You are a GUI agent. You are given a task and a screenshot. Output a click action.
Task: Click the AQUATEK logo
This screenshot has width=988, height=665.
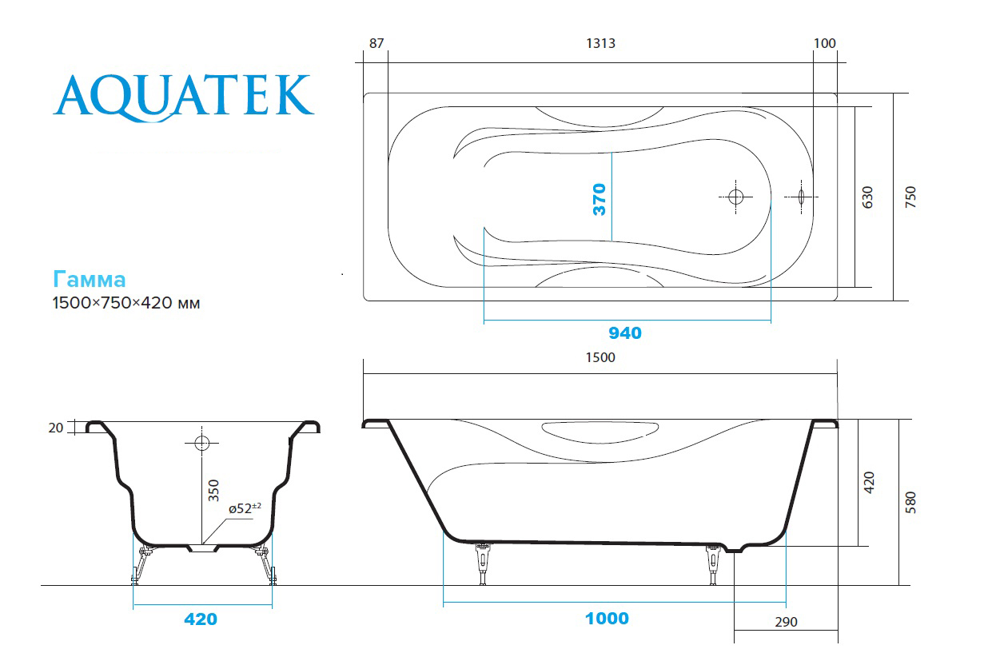[x=183, y=97]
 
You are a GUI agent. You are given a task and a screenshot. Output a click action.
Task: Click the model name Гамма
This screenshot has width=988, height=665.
[x=90, y=280]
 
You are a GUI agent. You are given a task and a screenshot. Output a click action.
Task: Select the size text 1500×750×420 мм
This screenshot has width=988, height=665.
[x=125, y=304]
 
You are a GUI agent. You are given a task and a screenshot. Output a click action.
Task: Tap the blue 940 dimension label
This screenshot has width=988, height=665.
[x=625, y=333]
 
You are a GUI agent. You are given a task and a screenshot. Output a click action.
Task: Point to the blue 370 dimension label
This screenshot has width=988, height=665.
[x=600, y=198]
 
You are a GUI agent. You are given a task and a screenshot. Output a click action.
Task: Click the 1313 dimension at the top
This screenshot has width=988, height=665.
[x=600, y=43]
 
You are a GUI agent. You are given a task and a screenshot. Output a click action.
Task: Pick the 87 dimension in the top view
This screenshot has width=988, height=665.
[x=376, y=43]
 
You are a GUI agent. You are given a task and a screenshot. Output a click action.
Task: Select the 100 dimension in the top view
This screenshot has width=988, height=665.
[x=824, y=43]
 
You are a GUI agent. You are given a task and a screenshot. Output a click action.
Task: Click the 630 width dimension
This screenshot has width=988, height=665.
[x=868, y=197]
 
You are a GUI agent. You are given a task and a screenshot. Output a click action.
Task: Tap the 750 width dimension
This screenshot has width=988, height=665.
[x=911, y=197]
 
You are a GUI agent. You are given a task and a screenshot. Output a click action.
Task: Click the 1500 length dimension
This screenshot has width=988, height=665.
[x=600, y=357]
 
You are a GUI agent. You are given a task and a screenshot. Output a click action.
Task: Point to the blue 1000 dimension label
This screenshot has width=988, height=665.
[x=606, y=618]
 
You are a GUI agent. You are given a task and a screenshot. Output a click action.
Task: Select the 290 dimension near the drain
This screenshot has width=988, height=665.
[x=785, y=622]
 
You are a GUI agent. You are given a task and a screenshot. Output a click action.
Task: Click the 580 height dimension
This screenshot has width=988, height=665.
[x=911, y=502]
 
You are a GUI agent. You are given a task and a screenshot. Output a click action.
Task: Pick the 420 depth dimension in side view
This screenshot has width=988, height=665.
[x=870, y=482]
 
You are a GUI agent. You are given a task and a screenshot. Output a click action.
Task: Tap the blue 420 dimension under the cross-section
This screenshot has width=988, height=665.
[x=200, y=619]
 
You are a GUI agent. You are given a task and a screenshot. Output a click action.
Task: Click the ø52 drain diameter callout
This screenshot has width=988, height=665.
[x=245, y=508]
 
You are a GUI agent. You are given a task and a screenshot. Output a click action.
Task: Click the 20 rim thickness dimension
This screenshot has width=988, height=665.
[x=55, y=428]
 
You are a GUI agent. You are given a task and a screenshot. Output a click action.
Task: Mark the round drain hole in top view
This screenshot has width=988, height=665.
[x=735, y=197]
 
